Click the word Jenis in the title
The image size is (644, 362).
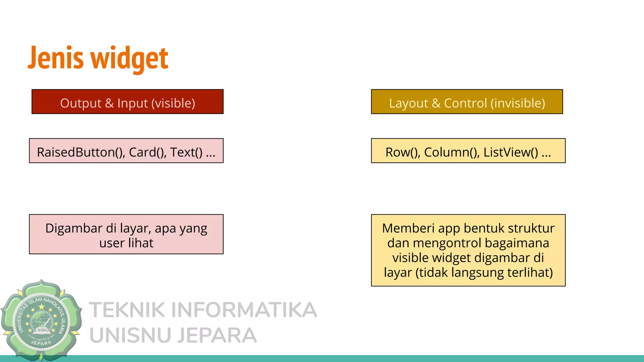pos(56,58)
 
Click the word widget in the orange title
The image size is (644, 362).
pos(130,58)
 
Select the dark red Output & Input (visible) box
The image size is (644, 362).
pos(127,102)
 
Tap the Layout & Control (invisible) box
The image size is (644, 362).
pos(467,102)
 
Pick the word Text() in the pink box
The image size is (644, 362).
pos(186,152)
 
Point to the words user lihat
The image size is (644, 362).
pos(126,243)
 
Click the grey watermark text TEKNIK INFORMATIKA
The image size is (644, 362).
pos(203,310)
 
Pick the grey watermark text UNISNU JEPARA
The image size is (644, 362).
pos(173,335)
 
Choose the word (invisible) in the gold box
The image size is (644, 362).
pos(518,103)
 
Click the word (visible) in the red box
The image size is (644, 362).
pos(173,103)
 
